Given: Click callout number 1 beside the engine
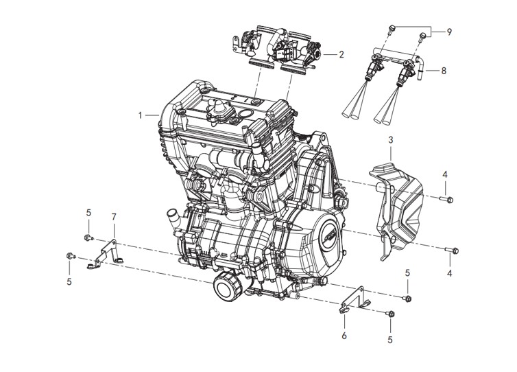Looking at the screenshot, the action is click(x=140, y=115).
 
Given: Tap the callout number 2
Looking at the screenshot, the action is click(x=341, y=54).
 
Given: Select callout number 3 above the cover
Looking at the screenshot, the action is click(x=391, y=139).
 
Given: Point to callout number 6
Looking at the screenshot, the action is click(x=344, y=336).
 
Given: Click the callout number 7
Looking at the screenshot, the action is click(x=114, y=217).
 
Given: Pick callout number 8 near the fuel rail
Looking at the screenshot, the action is click(x=444, y=70).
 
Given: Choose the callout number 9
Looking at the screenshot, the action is click(x=449, y=32).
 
